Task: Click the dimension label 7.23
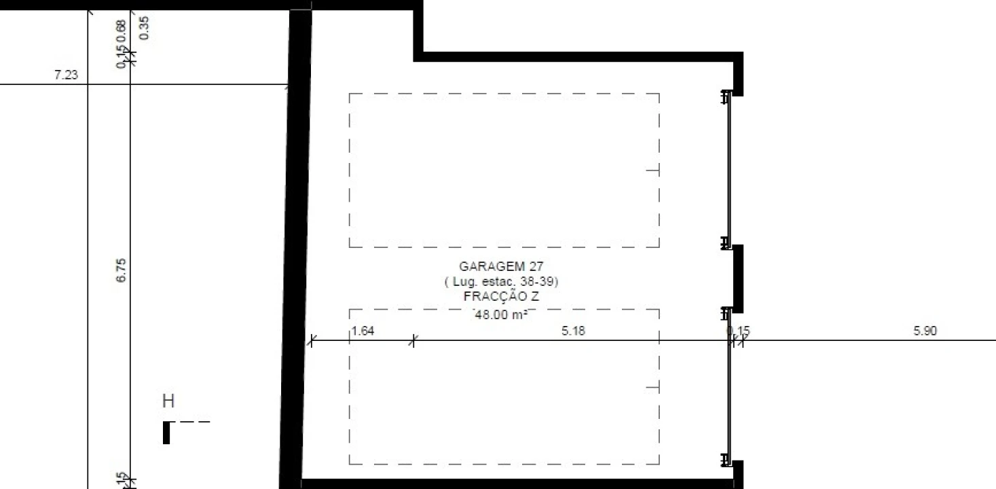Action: point(66,75)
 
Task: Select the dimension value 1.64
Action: point(363,331)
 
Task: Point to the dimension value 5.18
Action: point(573,331)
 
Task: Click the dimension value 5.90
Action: point(925,331)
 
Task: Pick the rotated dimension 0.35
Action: point(143,28)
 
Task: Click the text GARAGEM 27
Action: point(501,267)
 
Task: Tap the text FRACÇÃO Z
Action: point(501,297)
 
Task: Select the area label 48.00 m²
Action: point(501,314)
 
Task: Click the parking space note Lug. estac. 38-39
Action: point(501,281)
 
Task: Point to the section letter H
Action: point(168,401)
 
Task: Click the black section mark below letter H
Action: point(166,433)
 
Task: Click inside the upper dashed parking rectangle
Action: point(504,170)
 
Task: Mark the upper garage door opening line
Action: point(729,170)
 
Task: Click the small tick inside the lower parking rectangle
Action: point(652,388)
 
